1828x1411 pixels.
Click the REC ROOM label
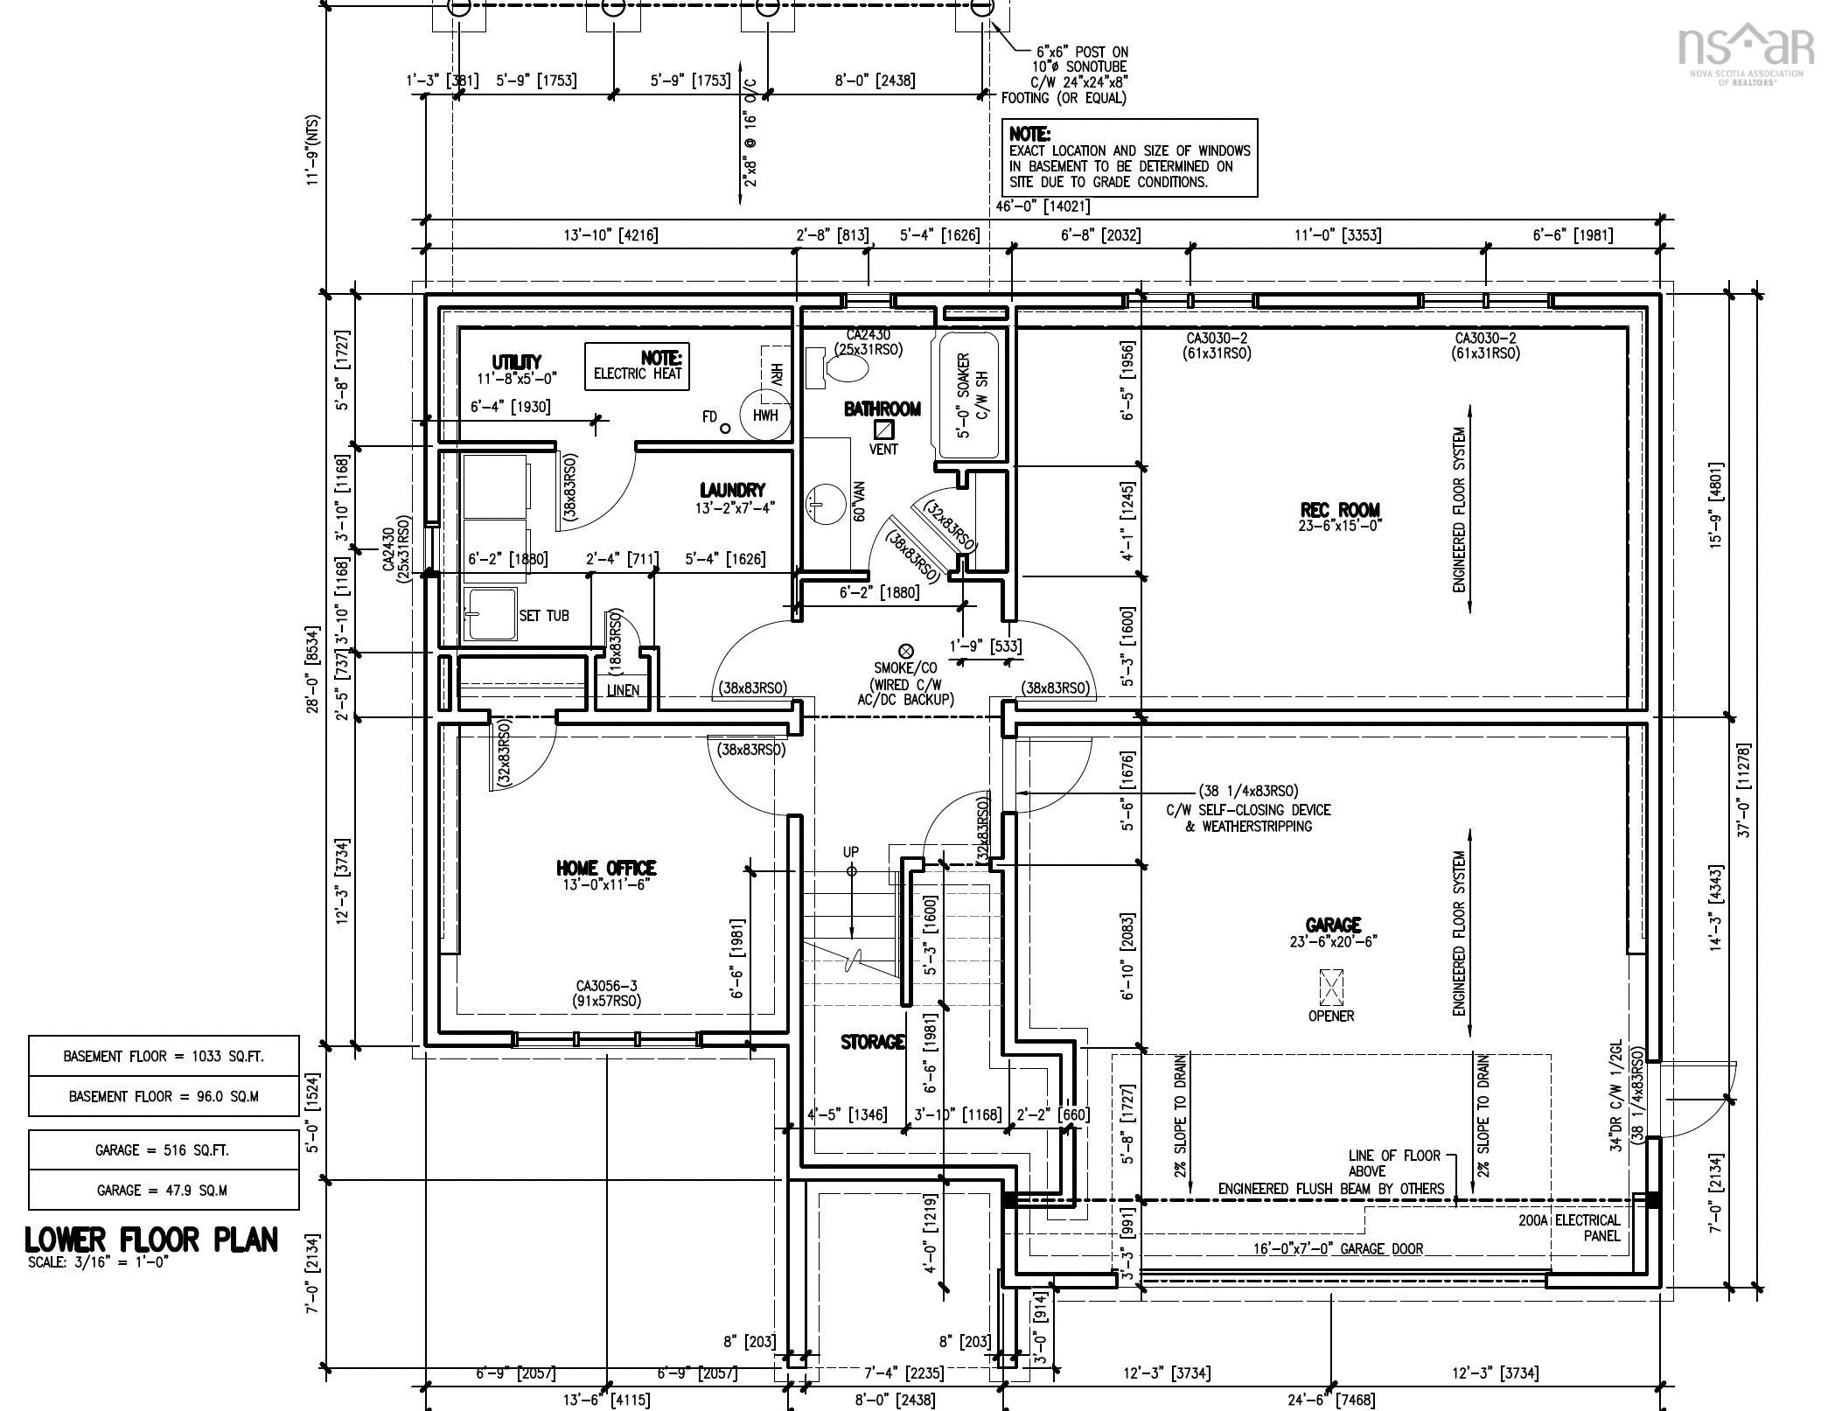click(x=1339, y=510)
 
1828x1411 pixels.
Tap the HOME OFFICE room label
click(x=606, y=868)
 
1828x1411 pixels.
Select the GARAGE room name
click(x=1333, y=925)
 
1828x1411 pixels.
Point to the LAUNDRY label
click(x=732, y=491)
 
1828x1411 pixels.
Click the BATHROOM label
click(x=883, y=409)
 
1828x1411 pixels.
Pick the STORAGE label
click(x=872, y=1042)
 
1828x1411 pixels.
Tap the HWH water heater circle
click(x=765, y=415)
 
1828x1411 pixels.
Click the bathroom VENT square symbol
click(x=884, y=430)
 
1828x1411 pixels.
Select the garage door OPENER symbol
click(x=1330, y=988)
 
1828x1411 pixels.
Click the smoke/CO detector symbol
click(x=906, y=651)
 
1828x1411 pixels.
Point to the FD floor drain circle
click(x=725, y=428)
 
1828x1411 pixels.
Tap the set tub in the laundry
click(x=490, y=614)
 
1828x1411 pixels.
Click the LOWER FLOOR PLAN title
click(x=151, y=1240)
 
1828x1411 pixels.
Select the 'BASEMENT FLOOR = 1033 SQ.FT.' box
click(x=164, y=1056)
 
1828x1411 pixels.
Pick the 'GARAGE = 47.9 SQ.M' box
click(x=164, y=1190)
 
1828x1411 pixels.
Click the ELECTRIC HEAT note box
click(x=637, y=366)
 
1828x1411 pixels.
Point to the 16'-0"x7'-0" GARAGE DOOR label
click(x=1338, y=1249)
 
